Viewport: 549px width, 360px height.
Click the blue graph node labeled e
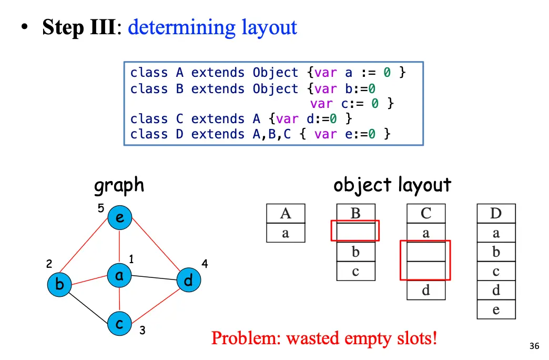pyautogui.click(x=120, y=218)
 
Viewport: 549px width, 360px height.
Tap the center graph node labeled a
pyautogui.click(x=119, y=275)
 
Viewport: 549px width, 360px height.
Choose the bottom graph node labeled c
pyautogui.click(x=120, y=324)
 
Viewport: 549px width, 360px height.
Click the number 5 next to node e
pyautogui.click(x=101, y=208)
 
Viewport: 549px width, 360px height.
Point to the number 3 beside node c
pyautogui.click(x=142, y=331)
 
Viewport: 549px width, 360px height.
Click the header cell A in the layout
pyautogui.click(x=286, y=214)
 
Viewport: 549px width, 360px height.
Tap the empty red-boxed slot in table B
pyautogui.click(x=355, y=231)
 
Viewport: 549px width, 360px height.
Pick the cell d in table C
pyautogui.click(x=426, y=290)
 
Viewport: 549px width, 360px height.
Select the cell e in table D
pyautogui.click(x=496, y=309)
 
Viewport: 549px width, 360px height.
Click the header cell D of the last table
pyautogui.click(x=496, y=214)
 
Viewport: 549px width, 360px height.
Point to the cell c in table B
pyautogui.click(x=355, y=271)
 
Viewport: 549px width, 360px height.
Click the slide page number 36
pyautogui.click(x=534, y=346)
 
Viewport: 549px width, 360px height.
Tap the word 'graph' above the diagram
pyautogui.click(x=119, y=185)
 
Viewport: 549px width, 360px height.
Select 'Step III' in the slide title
pyautogui.click(x=79, y=27)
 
